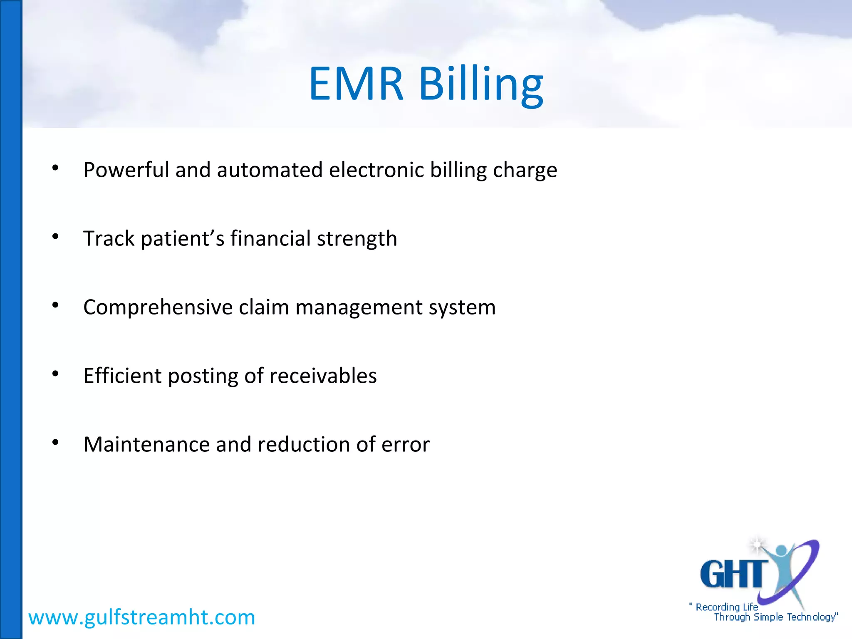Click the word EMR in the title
356,84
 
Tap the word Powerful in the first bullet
126,170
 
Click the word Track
109,238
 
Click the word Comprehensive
158,308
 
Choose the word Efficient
122,376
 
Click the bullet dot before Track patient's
55,237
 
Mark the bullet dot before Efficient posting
55,374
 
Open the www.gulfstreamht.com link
141,617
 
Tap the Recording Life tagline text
726,607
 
